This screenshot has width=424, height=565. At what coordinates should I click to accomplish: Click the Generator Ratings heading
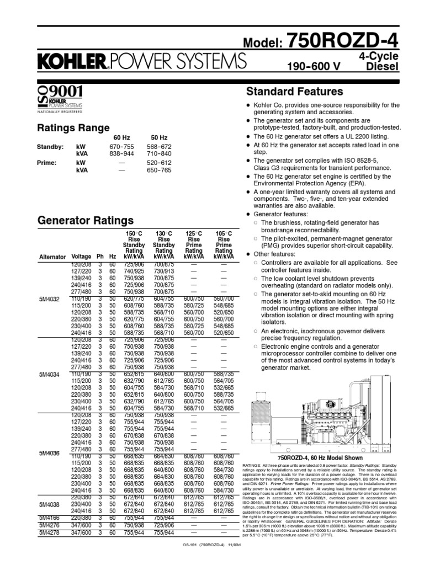coord(85,221)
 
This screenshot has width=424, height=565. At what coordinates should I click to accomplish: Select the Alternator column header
coord(52,257)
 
